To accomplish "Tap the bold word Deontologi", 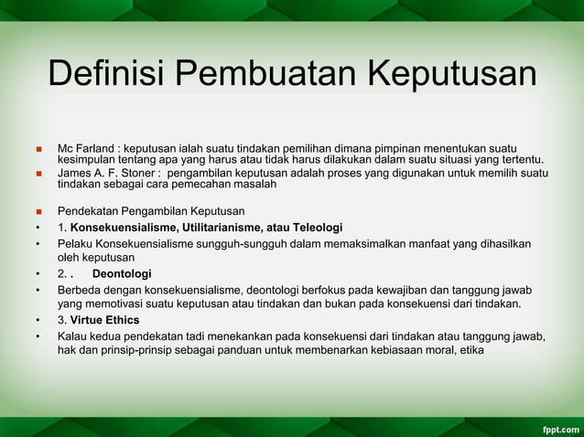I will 122,273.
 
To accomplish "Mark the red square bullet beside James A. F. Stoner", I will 38,172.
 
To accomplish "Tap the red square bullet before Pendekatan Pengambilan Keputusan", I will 38,211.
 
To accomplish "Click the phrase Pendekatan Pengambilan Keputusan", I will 145,211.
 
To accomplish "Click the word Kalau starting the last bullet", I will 72,336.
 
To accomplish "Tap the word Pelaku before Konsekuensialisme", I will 75,242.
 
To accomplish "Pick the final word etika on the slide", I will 471,350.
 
